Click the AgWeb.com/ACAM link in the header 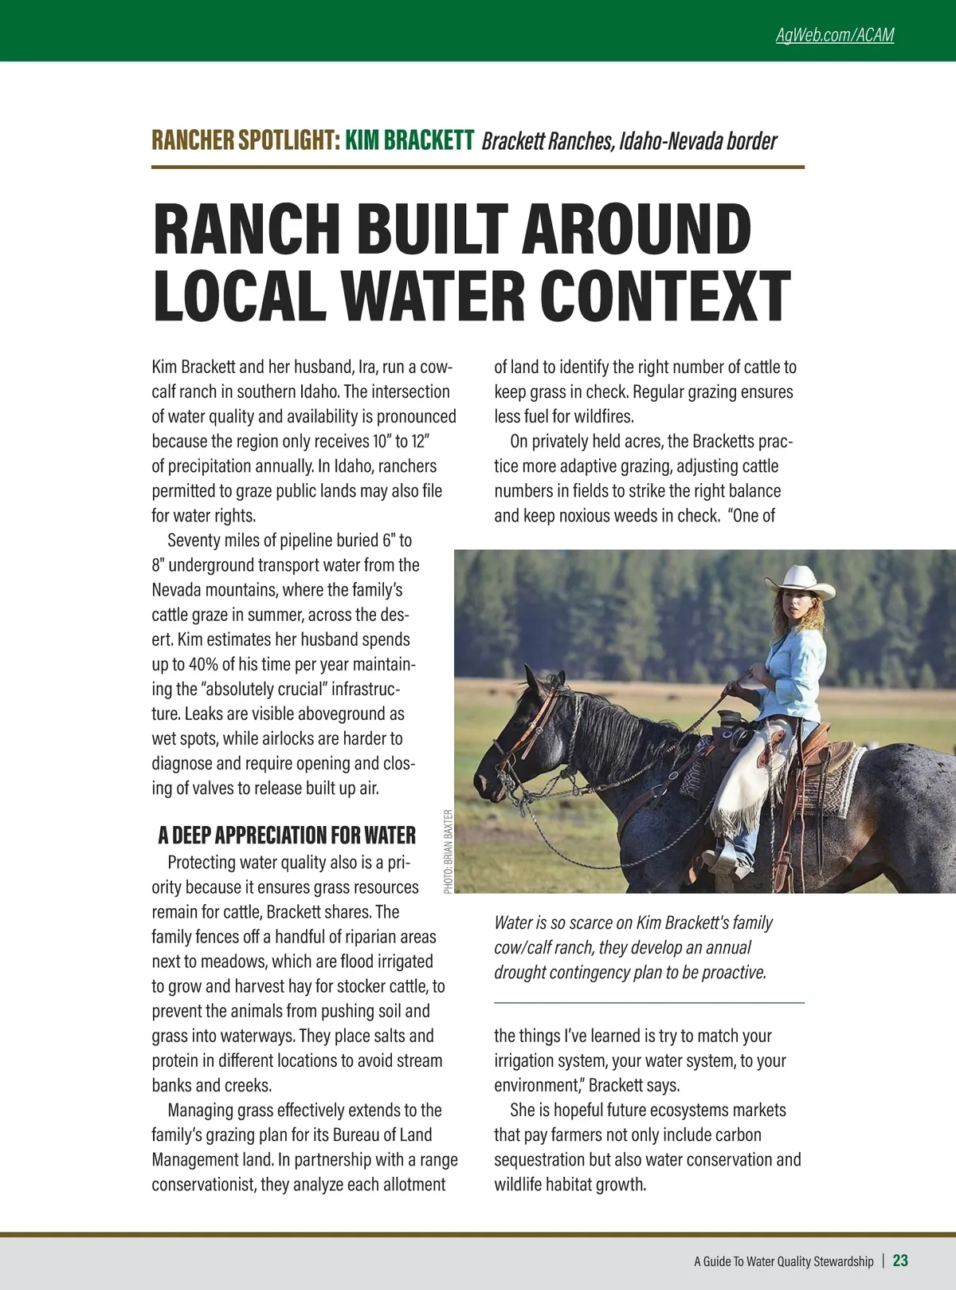tap(834, 35)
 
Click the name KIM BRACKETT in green tap(409, 140)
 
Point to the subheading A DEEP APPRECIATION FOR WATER tap(286, 835)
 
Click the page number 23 tap(900, 1261)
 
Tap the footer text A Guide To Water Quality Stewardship tap(783, 1261)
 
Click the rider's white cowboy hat tap(799, 581)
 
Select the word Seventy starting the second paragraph tap(195, 540)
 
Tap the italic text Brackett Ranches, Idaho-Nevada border tap(629, 141)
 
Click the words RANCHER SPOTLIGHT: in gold tap(245, 140)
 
